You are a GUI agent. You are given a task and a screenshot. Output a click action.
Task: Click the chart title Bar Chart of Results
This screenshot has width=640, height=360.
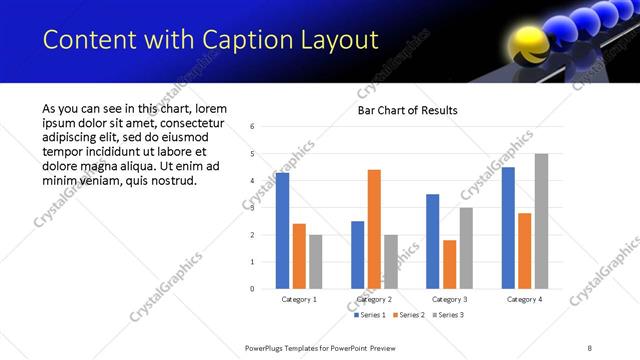(x=408, y=109)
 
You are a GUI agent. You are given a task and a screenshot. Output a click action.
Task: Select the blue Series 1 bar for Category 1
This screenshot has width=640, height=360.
(x=283, y=231)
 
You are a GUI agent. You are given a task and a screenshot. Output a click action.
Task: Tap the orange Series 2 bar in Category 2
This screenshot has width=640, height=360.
(x=374, y=229)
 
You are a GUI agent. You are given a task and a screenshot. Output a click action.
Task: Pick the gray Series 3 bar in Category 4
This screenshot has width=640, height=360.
(x=541, y=221)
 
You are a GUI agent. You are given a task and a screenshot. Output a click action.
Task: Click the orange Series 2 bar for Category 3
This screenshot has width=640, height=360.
(x=449, y=264)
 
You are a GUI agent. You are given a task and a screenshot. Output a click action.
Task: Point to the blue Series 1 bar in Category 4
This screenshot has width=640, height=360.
(x=508, y=228)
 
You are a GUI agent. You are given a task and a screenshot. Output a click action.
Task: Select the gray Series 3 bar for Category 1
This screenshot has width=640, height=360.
(x=316, y=262)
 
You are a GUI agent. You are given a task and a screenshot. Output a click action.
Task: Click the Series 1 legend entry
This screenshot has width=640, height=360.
(x=371, y=315)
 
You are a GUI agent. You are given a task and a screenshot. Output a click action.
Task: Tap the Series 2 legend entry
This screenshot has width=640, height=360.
(x=408, y=315)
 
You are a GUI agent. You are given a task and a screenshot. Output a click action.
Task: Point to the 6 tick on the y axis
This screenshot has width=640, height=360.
(x=253, y=127)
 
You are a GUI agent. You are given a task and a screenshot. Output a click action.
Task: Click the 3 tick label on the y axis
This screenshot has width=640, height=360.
(x=253, y=208)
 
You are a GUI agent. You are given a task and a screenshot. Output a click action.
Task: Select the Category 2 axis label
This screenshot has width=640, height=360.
(x=374, y=299)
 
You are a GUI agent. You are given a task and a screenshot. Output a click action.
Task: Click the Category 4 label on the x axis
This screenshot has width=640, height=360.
(x=524, y=299)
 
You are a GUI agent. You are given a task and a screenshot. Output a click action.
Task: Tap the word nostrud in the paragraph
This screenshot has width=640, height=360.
(x=169, y=181)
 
